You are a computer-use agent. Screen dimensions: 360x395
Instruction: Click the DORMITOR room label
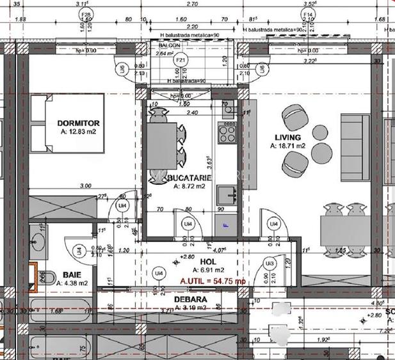click(x=77, y=123)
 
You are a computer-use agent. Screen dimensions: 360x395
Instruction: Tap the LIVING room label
click(x=287, y=137)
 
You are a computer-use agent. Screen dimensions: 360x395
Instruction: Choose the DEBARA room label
click(x=190, y=299)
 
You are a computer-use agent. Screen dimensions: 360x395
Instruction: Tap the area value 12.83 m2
click(x=78, y=132)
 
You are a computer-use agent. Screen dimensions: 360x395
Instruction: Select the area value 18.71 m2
click(x=288, y=146)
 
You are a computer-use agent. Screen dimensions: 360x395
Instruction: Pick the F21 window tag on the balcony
click(x=181, y=59)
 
